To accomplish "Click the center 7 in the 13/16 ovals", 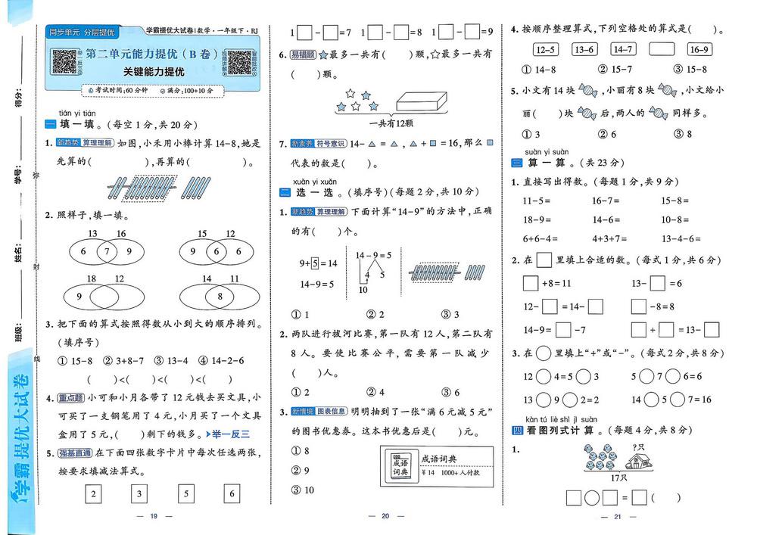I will (107, 251).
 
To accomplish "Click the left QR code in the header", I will (65, 62).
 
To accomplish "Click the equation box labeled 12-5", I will (546, 50).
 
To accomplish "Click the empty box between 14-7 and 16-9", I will (661, 50).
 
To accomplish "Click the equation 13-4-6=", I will (681, 238).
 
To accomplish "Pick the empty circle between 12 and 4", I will (544, 376).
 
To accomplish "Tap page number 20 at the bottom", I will (385, 516).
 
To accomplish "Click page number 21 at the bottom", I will (616, 516).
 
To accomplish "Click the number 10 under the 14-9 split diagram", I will (363, 290).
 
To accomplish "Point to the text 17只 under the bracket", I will (618, 478).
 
